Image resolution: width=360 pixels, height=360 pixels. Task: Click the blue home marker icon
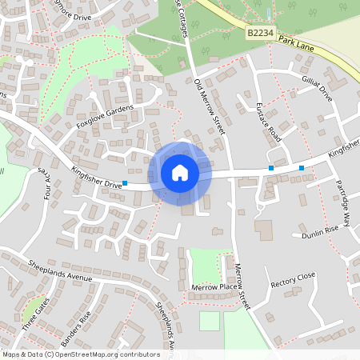pyautogui.click(x=180, y=173)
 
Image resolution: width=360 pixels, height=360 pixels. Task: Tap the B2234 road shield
pyautogui.click(x=260, y=33)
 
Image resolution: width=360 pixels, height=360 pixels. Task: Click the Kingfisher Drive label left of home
pyautogui.click(x=97, y=177)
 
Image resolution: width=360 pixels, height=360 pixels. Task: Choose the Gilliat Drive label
pyautogui.click(x=317, y=90)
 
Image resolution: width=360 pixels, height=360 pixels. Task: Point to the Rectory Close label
pyautogui.click(x=293, y=280)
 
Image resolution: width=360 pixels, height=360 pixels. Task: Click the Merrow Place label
pyautogui.click(x=215, y=286)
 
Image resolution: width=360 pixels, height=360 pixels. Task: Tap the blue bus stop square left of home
pyautogui.click(x=125, y=183)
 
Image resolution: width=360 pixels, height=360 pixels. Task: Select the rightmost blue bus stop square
pyautogui.click(x=302, y=168)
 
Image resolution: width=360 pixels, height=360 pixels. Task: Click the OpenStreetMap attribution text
pyautogui.click(x=81, y=354)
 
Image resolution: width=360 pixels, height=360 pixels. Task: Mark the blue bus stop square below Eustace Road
pyautogui.click(x=271, y=168)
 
